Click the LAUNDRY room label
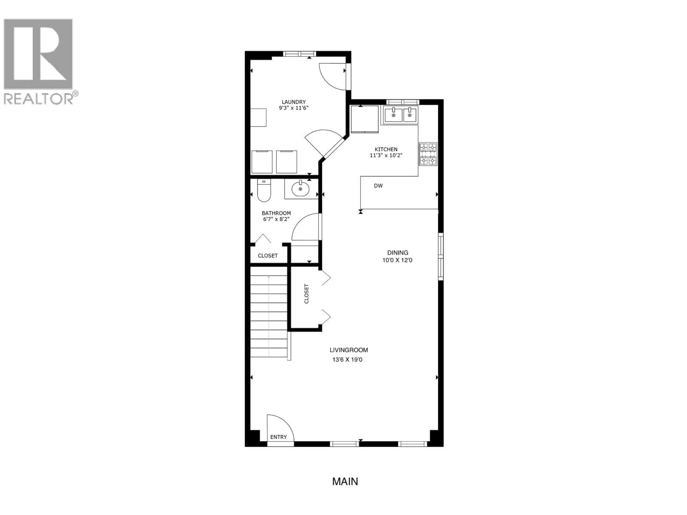pyautogui.click(x=294, y=102)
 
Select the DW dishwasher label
pyautogui.click(x=378, y=186)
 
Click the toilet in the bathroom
pyautogui.click(x=264, y=191)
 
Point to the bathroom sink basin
pyautogui.click(x=300, y=189)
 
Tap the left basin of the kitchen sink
pyautogui.click(x=393, y=115)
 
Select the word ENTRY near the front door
pyautogui.click(x=278, y=437)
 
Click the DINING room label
pyautogui.click(x=398, y=253)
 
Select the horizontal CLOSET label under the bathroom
pyautogui.click(x=268, y=256)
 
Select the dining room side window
pyautogui.click(x=440, y=256)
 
